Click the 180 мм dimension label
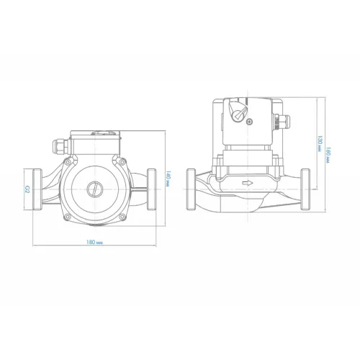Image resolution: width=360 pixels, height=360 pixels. point(94,242)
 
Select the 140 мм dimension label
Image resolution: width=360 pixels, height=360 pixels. point(168,179)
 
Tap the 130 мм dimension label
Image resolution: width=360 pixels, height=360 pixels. point(319,144)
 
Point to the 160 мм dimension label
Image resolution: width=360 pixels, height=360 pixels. point(328,156)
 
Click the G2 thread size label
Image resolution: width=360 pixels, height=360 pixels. point(27,189)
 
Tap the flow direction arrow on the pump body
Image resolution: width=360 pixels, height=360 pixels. point(248,184)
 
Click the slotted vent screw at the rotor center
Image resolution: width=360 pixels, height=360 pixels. point(94,189)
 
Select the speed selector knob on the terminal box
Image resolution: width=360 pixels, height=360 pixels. point(239,111)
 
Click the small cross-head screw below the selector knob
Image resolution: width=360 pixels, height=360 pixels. point(251,122)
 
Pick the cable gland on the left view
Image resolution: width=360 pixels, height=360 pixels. point(60,146)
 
